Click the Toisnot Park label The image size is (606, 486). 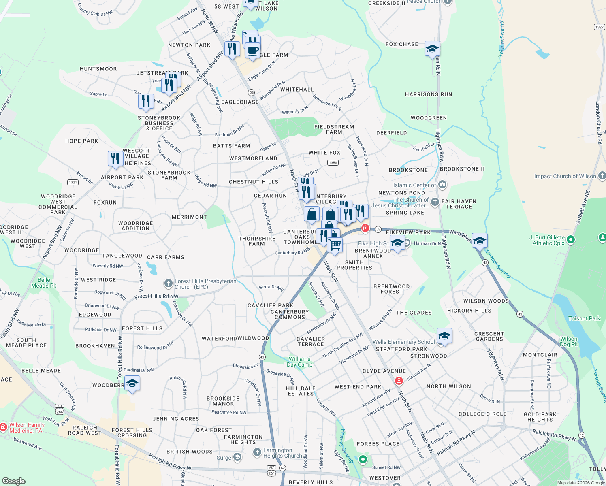click(584, 318)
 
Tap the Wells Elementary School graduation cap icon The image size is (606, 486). click(444, 336)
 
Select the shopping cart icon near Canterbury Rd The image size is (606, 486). click(335, 245)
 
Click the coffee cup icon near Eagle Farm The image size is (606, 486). click(252, 50)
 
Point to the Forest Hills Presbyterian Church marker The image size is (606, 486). click(169, 283)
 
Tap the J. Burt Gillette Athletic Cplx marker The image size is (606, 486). click(571, 240)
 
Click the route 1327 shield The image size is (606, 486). click(599, 27)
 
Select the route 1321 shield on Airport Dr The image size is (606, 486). click(73, 182)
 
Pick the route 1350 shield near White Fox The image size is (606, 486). click(333, 163)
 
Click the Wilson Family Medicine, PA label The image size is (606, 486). click(27, 428)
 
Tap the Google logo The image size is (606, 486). click(13, 481)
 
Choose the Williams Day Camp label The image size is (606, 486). click(299, 362)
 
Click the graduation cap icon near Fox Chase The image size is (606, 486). click(432, 49)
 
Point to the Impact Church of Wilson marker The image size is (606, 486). click(602, 176)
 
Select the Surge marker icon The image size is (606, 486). click(237, 458)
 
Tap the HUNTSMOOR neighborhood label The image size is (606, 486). click(98, 69)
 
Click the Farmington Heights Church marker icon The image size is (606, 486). click(257, 452)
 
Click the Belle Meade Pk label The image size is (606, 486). click(44, 283)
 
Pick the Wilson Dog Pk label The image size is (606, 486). click(569, 341)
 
